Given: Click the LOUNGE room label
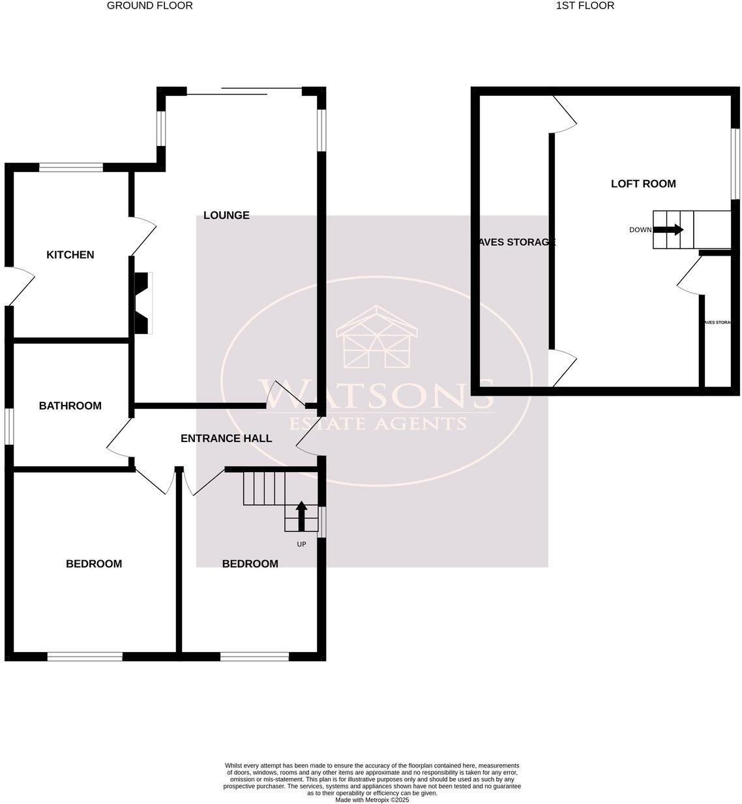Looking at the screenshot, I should point(226,215).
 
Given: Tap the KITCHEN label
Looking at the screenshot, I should point(70,255).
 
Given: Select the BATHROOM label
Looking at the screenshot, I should point(70,406).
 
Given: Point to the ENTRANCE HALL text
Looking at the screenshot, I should point(226,438).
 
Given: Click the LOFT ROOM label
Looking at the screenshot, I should point(643,184).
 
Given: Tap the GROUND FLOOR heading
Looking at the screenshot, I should point(150,6).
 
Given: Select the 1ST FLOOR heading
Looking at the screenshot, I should point(585,6).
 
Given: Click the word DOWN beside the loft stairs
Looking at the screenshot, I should point(640,230).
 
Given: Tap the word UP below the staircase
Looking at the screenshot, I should point(301,544).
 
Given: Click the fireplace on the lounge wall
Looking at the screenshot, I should point(142,303).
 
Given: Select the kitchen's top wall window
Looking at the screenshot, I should point(70,168).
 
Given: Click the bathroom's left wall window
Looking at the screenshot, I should point(9,426).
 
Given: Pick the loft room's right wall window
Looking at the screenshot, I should point(735,162).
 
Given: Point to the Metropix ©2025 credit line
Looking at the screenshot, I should point(372,799).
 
